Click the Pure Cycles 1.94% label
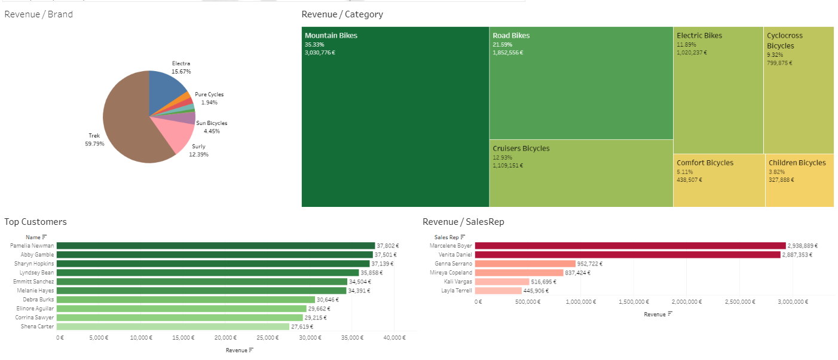(209, 99)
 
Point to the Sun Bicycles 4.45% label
(212, 127)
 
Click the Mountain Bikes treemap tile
(395, 120)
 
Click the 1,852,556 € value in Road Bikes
(507, 53)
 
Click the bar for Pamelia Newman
(215, 246)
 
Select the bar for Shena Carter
(173, 327)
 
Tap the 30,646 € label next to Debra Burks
(328, 300)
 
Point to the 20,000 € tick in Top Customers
(225, 338)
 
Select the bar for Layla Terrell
(499, 291)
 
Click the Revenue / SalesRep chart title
(463, 222)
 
